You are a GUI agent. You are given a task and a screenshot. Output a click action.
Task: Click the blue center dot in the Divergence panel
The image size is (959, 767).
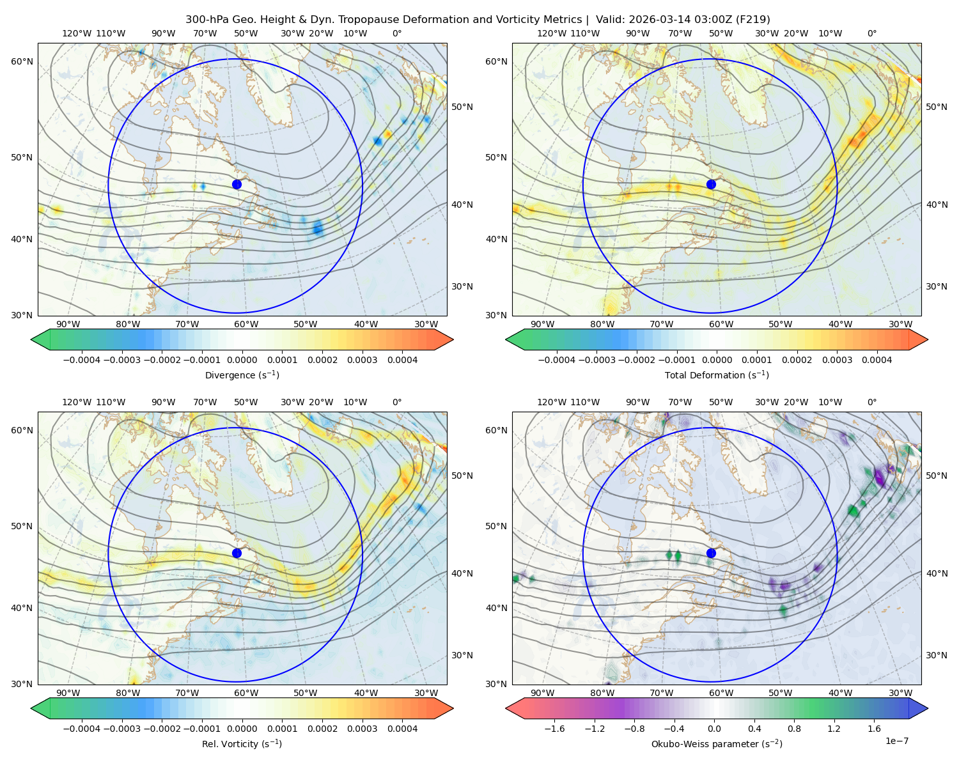(237, 184)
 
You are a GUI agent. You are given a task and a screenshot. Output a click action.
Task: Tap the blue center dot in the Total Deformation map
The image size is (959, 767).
(711, 184)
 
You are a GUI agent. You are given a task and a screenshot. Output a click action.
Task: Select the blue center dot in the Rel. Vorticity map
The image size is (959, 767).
(237, 553)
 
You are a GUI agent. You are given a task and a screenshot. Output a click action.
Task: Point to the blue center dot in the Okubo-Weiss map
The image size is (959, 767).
(711, 553)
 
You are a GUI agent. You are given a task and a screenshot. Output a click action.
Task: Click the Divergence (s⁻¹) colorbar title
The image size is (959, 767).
(242, 375)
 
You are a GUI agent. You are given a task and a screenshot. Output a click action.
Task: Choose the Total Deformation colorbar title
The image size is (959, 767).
(717, 375)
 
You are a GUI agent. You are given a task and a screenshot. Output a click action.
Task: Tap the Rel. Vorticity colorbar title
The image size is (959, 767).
(242, 743)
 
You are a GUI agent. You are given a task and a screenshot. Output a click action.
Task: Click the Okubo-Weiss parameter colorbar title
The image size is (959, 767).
(717, 743)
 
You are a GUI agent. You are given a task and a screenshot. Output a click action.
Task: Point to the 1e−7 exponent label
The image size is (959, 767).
(896, 741)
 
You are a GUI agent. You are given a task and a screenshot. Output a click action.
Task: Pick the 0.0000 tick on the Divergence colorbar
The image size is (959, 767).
(242, 360)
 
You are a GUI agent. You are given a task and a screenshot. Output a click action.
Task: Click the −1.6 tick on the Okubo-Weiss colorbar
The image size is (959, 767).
(554, 728)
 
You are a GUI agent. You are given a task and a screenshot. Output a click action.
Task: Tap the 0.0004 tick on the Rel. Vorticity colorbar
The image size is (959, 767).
(402, 728)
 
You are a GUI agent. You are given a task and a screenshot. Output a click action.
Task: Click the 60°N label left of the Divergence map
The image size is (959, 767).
(22, 61)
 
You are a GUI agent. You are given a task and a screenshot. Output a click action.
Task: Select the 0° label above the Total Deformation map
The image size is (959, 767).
(871, 33)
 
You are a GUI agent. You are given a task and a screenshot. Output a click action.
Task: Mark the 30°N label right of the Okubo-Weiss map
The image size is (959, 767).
(936, 655)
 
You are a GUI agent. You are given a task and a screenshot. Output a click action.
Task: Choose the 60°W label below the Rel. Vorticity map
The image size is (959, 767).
(246, 693)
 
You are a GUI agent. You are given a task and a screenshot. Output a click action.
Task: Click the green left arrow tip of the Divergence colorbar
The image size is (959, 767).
(31, 339)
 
